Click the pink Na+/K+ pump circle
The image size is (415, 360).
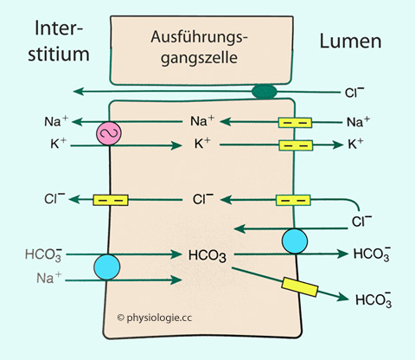[x=109, y=133]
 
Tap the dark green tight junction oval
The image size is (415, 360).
[x=265, y=92]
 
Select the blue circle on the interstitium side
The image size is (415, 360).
[x=107, y=267]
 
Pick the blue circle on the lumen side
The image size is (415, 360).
[x=295, y=241]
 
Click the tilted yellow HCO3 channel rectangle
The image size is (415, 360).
[x=300, y=286]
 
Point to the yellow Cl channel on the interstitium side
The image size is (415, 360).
[x=111, y=200]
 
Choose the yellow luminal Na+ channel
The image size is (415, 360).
[x=295, y=123]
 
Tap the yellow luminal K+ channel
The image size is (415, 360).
[x=296, y=145]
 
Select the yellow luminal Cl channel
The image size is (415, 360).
[x=293, y=200]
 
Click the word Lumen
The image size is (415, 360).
[x=350, y=42]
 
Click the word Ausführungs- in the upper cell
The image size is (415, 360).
[x=199, y=37]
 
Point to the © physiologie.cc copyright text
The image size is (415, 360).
[x=155, y=318]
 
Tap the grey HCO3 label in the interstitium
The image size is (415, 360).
[x=43, y=254]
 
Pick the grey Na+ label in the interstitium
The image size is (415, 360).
[x=49, y=278]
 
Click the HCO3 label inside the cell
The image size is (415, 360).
[x=207, y=255]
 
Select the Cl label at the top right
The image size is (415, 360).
[x=354, y=92]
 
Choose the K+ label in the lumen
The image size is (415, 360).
[x=355, y=144]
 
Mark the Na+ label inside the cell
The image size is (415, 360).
[x=202, y=121]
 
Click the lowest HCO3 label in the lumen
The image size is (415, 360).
[x=373, y=299]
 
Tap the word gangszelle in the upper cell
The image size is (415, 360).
[x=199, y=58]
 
